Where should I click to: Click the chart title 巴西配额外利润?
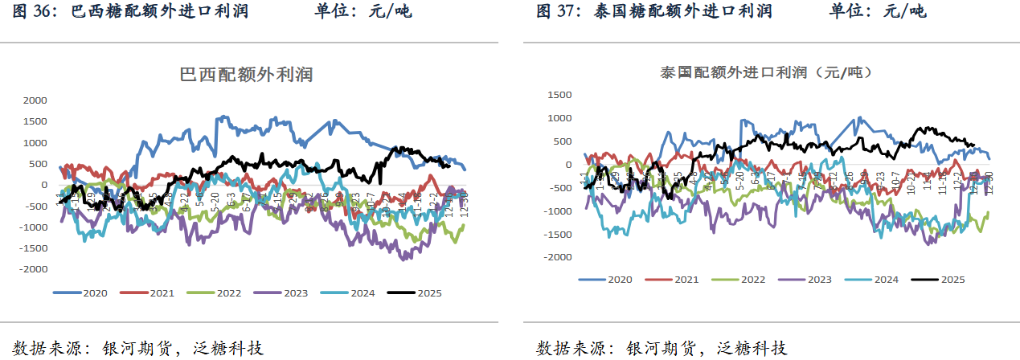coord(246,75)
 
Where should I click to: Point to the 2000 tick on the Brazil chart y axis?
coord(35,100)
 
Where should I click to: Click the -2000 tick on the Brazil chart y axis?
coord(34,269)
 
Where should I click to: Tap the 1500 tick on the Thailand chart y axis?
coord(559,95)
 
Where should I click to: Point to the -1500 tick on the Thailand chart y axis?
coord(557,234)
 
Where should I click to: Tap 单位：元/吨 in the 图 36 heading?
coord(363,11)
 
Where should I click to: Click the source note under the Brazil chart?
coord(139,348)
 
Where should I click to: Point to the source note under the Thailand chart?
coord(661,348)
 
